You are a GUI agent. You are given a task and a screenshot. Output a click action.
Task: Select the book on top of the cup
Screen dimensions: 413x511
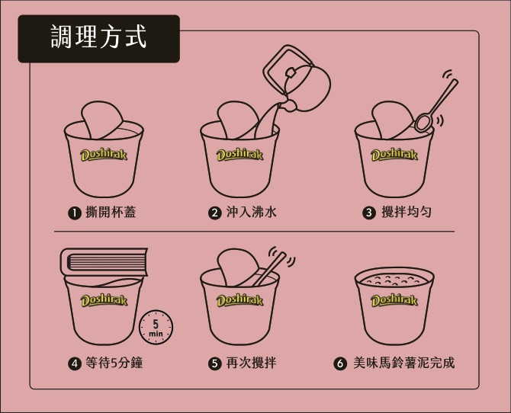tap(103, 261)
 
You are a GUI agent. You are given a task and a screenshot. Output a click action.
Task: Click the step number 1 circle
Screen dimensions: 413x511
tap(74, 213)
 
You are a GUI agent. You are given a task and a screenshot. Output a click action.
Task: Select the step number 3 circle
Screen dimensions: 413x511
tap(369, 213)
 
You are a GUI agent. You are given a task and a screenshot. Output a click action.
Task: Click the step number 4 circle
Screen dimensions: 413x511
tap(74, 363)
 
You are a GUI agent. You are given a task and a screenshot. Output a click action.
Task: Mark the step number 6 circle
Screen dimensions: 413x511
tap(340, 363)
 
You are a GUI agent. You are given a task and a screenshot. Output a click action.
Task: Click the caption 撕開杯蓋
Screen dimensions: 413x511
tap(111, 213)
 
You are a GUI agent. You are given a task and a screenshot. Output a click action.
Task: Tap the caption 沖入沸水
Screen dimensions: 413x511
tap(251, 213)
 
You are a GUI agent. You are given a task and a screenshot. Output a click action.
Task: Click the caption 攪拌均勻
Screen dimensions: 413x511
tap(406, 213)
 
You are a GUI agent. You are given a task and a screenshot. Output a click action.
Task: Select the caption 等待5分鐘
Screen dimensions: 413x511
tap(114, 363)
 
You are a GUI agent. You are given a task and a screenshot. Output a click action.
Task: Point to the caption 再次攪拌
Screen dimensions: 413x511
tap(251, 363)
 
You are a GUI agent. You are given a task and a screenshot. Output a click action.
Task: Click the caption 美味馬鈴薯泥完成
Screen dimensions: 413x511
tap(403, 363)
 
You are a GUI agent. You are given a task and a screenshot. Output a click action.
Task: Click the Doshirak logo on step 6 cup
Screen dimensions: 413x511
tap(394, 300)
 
